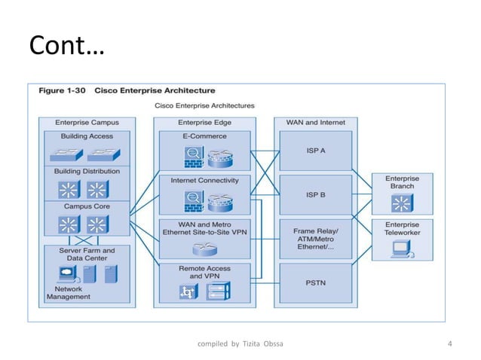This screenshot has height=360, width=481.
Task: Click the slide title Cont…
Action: [67, 47]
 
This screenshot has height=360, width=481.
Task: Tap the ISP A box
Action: [315, 150]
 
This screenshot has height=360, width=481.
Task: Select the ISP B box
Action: [315, 194]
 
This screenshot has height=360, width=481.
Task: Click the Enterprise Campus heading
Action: [87, 121]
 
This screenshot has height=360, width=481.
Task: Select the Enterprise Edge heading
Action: [204, 121]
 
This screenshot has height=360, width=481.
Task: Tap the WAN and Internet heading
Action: [315, 121]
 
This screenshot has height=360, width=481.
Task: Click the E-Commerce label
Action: [204, 136]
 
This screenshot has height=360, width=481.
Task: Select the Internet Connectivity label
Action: [204, 181]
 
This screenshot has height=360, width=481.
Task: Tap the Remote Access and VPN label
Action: [204, 272]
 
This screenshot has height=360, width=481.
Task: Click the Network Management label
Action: [69, 292]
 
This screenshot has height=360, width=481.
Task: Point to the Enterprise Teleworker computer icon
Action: [401, 249]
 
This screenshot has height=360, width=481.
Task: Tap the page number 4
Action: [450, 345]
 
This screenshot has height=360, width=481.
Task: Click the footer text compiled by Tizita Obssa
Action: [240, 345]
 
